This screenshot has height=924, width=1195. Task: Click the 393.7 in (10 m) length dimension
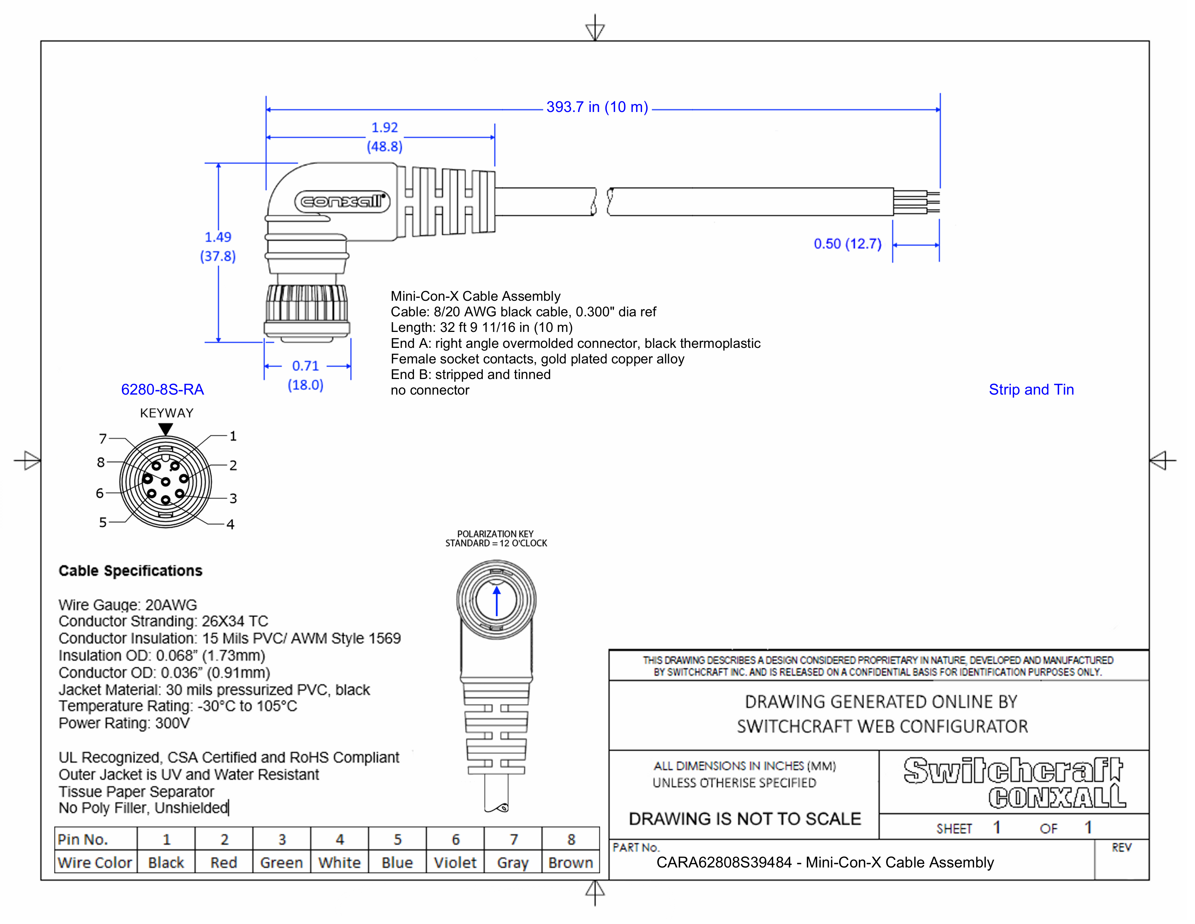click(x=596, y=107)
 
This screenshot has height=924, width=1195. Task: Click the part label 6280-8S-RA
click(x=163, y=390)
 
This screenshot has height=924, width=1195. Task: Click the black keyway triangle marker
click(x=166, y=429)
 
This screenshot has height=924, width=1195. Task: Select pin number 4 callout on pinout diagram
click(x=230, y=524)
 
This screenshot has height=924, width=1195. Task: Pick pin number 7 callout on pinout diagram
click(x=103, y=438)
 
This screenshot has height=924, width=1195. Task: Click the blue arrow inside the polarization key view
click(x=496, y=601)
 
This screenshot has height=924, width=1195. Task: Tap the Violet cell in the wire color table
click(x=455, y=863)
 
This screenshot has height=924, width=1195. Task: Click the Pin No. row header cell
click(x=83, y=839)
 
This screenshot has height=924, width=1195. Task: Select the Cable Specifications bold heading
click(x=130, y=571)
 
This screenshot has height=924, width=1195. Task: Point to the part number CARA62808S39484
click(x=724, y=863)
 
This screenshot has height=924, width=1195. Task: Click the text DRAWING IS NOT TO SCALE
click(x=744, y=819)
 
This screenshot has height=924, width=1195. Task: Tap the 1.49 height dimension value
click(x=218, y=237)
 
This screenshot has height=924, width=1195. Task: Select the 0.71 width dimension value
click(x=305, y=366)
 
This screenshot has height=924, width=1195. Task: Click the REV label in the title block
click(x=1121, y=848)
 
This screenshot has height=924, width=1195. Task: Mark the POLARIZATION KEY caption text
click(x=495, y=534)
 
